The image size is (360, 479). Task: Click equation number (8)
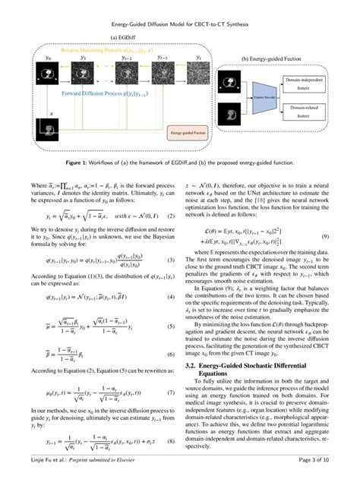click(172, 440)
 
